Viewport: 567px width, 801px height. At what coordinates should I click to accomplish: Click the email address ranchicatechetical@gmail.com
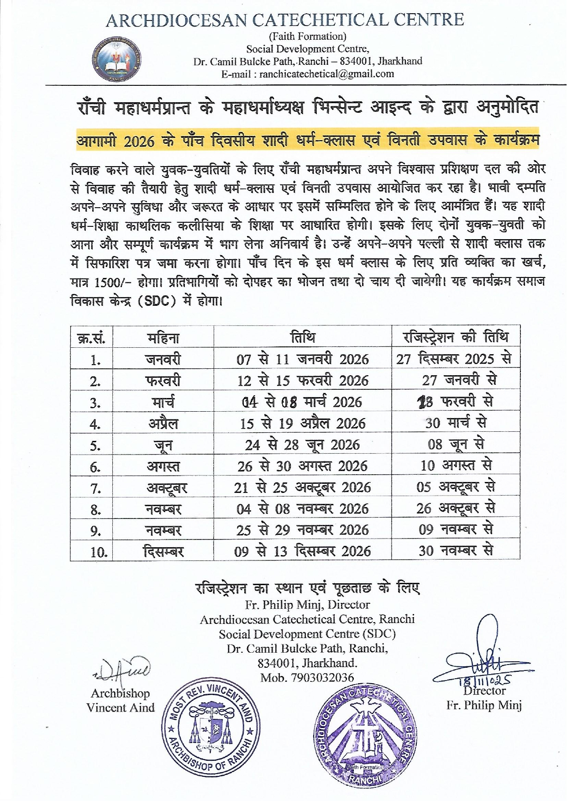(x=308, y=74)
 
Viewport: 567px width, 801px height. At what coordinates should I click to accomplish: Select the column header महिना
(x=163, y=338)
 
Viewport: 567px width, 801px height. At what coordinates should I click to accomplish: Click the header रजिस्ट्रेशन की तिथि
(x=455, y=337)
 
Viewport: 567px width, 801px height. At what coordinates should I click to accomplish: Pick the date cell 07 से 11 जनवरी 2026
(x=302, y=359)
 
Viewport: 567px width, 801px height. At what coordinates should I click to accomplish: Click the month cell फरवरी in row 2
(x=163, y=381)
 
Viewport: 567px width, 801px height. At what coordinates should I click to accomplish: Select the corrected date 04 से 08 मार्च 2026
(x=302, y=402)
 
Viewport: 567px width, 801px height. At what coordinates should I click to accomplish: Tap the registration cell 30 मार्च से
(x=456, y=423)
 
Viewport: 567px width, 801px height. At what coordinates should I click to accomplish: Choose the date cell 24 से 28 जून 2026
(x=302, y=445)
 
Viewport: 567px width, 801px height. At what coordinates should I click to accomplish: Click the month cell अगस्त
(x=163, y=466)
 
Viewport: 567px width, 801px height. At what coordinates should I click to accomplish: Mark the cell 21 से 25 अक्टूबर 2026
(x=302, y=487)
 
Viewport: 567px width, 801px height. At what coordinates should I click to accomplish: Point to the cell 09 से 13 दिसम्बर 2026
(x=302, y=551)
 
